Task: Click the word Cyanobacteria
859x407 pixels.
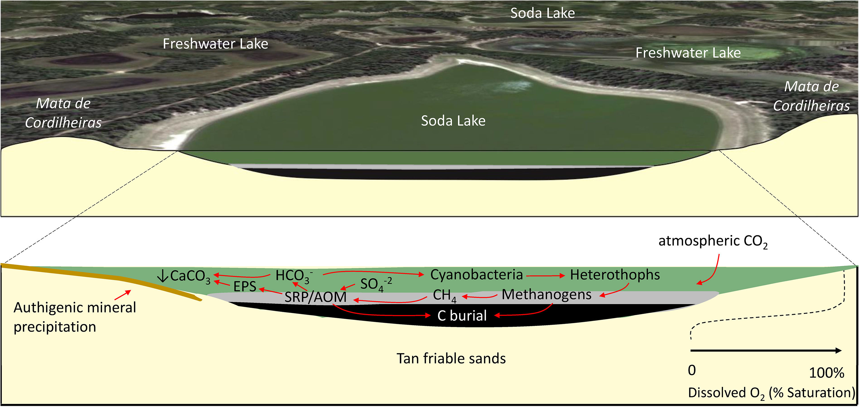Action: click(x=476, y=275)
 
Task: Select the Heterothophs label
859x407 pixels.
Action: click(x=614, y=275)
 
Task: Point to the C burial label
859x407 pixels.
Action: click(x=462, y=316)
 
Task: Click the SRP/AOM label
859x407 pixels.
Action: click(x=315, y=297)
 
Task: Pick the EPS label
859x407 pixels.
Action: click(x=245, y=286)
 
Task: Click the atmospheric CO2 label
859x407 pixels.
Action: click(x=713, y=241)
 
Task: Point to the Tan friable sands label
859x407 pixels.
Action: click(x=451, y=359)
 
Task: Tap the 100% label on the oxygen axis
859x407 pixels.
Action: click(x=826, y=373)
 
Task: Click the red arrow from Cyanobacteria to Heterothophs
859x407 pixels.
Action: click(x=545, y=276)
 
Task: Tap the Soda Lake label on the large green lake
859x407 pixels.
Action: click(x=453, y=121)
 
